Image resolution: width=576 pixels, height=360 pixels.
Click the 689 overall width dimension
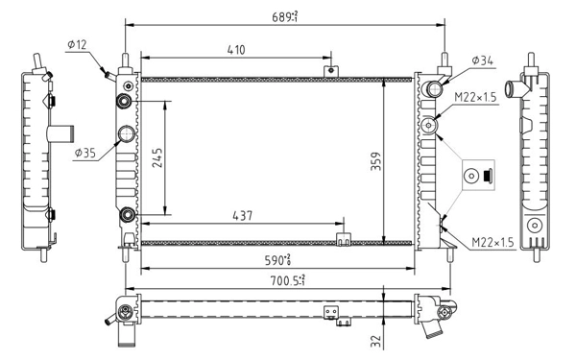285,17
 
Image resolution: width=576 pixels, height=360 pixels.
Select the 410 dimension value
236,50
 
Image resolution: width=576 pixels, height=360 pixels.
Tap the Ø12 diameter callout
77,44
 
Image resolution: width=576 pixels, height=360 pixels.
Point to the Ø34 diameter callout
482,60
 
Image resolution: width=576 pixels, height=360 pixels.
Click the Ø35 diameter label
85,153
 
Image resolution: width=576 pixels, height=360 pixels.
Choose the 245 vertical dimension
157,157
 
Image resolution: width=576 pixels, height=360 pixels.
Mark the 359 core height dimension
375,161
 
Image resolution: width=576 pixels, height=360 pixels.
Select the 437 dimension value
243,216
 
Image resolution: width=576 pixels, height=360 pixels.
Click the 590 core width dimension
277,260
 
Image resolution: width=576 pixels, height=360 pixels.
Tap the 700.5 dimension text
288,280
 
